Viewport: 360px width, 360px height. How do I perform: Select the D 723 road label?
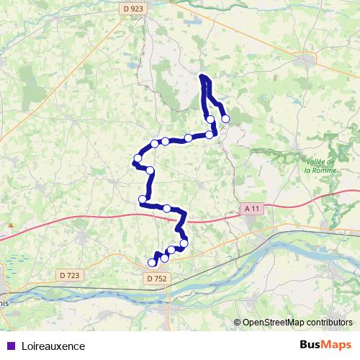click(x=71, y=274)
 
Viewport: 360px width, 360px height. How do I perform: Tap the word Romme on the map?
click(x=324, y=171)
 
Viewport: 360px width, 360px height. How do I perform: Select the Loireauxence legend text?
click(x=53, y=346)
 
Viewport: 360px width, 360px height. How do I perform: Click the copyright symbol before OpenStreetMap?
click(x=238, y=323)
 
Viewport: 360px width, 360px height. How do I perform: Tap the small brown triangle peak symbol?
click(x=11, y=225)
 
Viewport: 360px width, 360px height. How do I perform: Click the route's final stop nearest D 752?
click(x=152, y=263)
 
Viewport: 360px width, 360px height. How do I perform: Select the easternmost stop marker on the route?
click(x=225, y=119)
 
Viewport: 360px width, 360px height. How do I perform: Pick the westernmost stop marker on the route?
click(x=138, y=158)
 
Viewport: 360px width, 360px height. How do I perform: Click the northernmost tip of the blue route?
click(x=203, y=76)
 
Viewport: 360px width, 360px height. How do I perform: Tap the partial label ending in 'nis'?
click(x=5, y=303)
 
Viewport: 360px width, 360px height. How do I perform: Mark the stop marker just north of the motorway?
click(x=167, y=208)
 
